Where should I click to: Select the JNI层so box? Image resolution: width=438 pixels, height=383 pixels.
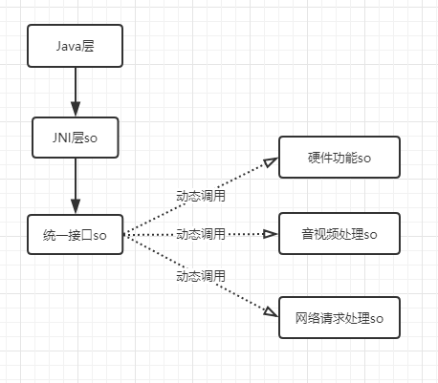76,139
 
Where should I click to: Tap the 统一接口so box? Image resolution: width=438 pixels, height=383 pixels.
76,234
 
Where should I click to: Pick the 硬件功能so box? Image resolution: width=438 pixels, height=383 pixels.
339,157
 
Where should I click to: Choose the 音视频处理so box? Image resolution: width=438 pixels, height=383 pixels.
339,233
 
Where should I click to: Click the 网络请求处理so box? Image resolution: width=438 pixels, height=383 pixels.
339,316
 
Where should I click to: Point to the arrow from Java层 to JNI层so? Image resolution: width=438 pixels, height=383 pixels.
76,91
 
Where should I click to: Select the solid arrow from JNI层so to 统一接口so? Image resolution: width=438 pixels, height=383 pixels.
76,183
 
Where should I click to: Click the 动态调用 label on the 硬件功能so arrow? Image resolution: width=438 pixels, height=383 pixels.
201,195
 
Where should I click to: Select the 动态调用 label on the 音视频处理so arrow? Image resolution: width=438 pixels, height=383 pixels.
201,234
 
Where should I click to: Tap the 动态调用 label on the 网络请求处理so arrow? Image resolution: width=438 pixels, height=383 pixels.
201,276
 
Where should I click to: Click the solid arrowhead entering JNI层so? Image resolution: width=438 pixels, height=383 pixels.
76,109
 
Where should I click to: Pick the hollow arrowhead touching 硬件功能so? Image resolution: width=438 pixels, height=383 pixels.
271,163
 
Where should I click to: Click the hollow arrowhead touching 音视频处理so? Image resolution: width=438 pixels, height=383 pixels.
271,233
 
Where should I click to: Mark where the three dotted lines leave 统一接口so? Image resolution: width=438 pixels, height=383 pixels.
125,234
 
